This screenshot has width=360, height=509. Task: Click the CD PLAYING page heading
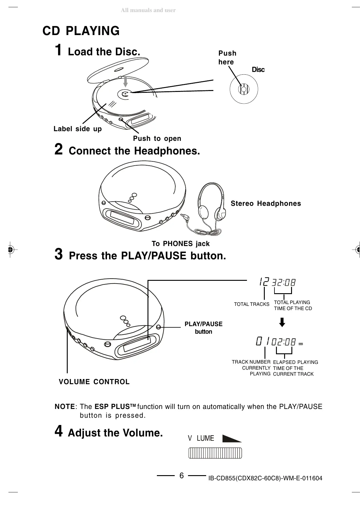coord(81,31)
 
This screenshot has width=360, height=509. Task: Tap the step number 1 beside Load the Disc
coord(59,50)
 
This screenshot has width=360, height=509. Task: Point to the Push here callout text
coord(227,57)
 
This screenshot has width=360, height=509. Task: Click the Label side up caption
coord(78,129)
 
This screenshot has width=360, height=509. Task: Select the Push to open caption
coord(157,138)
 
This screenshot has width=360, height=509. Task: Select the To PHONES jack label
coord(180,244)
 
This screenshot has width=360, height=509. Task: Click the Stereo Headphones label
coord(266,203)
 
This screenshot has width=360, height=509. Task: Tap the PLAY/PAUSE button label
coord(203,328)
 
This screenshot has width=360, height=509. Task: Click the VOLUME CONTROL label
coord(94,382)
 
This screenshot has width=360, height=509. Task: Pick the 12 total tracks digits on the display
coord(264,282)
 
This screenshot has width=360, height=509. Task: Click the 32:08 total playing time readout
coord(284,283)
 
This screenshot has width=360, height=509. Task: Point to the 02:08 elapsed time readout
coord(284,342)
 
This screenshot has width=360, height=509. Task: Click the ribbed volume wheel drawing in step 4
coord(215,454)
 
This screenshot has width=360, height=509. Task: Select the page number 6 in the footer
coord(181,476)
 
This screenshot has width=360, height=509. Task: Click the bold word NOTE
coord(65,407)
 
